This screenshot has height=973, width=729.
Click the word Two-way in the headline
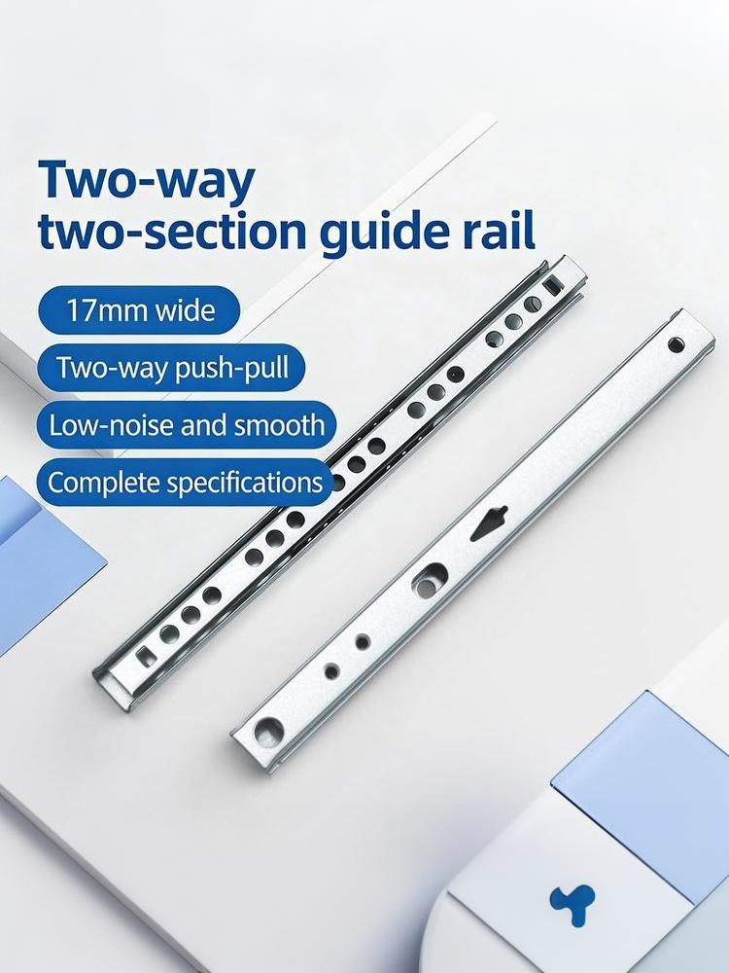[147, 179]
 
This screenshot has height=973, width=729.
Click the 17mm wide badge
[138, 309]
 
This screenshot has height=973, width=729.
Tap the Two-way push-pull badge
[172, 368]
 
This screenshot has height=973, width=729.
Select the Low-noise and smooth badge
[186, 425]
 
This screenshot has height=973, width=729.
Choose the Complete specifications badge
[185, 483]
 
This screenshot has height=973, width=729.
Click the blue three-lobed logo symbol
[573, 904]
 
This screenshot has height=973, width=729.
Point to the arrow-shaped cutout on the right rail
[490, 523]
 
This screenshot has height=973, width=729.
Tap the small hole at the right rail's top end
[676, 344]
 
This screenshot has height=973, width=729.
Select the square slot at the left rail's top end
[551, 286]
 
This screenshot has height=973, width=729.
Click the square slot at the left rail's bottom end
[147, 657]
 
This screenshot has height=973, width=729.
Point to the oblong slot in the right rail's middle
[431, 580]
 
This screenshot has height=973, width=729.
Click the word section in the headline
[208, 231]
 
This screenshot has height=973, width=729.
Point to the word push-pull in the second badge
[232, 369]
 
